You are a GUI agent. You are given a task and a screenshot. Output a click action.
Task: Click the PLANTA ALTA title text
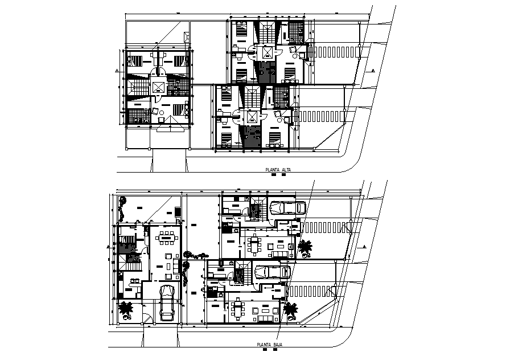click(278, 170)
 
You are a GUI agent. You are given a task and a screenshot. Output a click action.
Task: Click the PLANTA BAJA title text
click(269, 345)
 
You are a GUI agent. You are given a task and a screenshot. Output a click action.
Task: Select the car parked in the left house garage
click(167, 303)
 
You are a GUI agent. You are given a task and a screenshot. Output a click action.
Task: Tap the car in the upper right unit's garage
click(287, 208)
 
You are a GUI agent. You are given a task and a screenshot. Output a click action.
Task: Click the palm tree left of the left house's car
click(125, 310)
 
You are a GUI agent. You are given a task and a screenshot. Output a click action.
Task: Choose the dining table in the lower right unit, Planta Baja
click(237, 310)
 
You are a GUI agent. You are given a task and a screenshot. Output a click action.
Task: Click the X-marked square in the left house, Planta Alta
click(158, 88)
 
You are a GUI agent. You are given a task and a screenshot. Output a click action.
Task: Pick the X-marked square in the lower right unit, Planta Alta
click(251, 116)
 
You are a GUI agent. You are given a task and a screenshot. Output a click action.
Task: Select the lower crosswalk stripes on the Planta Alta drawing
click(322, 116)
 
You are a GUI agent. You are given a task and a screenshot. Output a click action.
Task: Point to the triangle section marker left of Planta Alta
click(116, 70)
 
